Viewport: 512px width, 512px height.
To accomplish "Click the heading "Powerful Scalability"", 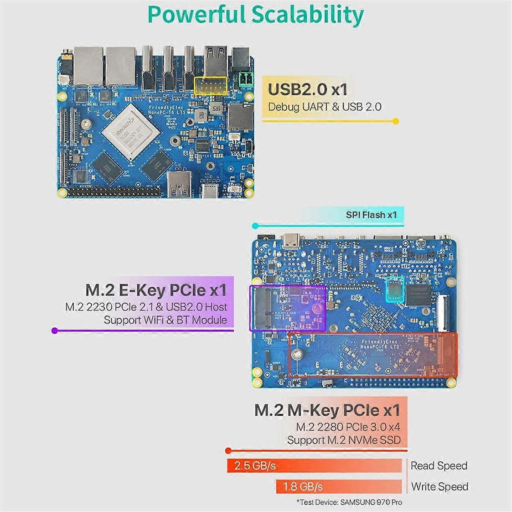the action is pyautogui.click(x=255, y=15).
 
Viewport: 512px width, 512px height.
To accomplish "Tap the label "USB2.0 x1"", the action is pyautogui.click(x=307, y=90).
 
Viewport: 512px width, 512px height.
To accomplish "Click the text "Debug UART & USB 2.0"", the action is pyautogui.click(x=325, y=107).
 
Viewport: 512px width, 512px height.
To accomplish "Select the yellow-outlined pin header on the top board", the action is pyautogui.click(x=210, y=86).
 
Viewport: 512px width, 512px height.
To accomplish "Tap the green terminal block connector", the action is pyautogui.click(x=246, y=80).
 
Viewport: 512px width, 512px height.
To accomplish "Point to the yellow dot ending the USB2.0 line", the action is pyautogui.click(x=396, y=121).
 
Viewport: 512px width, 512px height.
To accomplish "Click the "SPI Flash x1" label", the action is pyautogui.click(x=371, y=215).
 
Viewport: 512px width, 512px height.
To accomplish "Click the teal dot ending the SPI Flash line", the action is pyautogui.click(x=255, y=226).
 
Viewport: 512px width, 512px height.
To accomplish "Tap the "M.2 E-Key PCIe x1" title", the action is pyautogui.click(x=156, y=291).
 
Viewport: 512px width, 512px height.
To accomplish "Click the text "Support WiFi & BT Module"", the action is pyautogui.click(x=166, y=320).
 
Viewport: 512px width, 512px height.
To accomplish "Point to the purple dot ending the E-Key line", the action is pyautogui.click(x=54, y=330).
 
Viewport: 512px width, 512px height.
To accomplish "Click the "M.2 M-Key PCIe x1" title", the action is pyautogui.click(x=327, y=410).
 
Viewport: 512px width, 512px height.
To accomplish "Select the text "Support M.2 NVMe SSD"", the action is pyautogui.click(x=344, y=440).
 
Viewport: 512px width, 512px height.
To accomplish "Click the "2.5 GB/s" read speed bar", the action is pyautogui.click(x=314, y=465).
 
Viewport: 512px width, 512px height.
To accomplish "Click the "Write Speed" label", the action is pyautogui.click(x=439, y=486).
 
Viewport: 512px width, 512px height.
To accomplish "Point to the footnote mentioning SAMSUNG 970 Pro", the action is pyautogui.click(x=349, y=502).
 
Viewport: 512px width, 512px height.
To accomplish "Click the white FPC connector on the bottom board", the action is pyautogui.click(x=442, y=314).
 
